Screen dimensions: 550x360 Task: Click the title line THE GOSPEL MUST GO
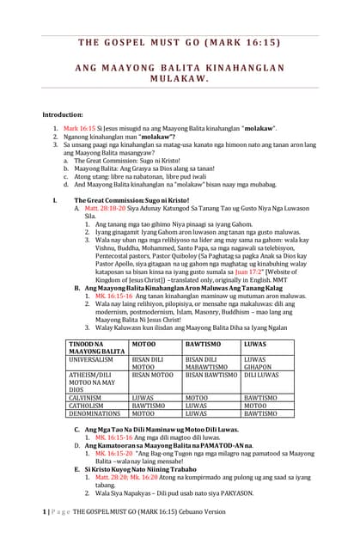coord(179,43)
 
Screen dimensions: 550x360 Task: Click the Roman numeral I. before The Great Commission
coord(54,199)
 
